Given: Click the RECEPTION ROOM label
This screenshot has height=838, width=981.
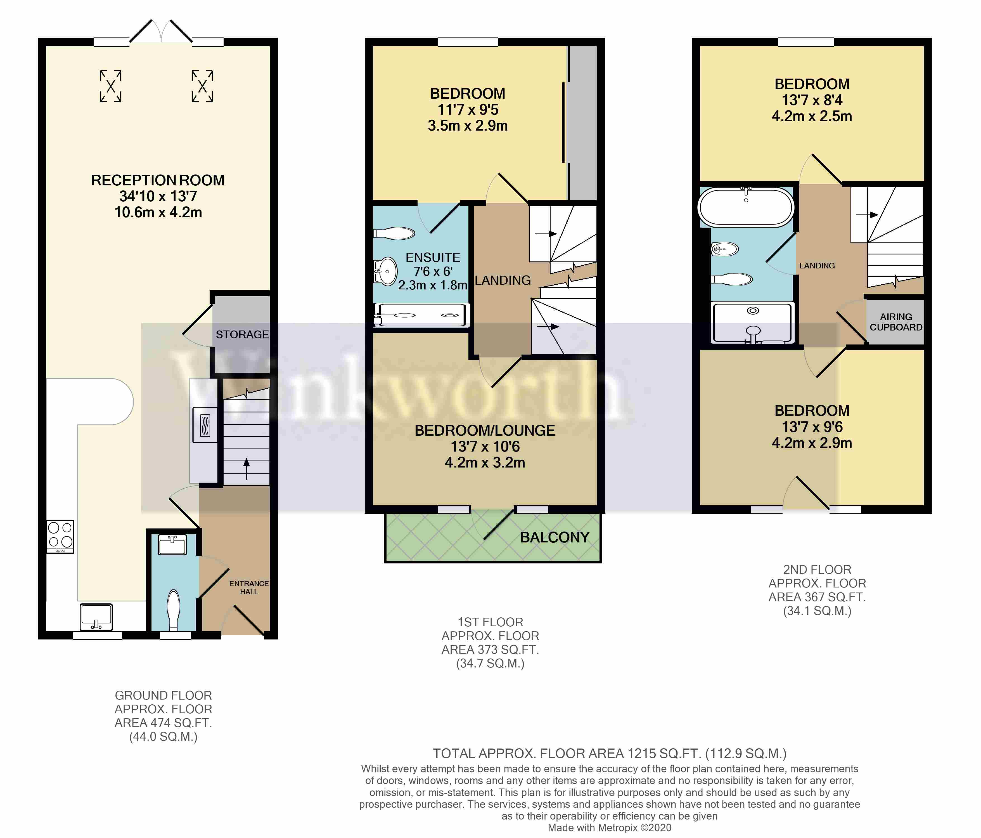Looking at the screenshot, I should (158, 180).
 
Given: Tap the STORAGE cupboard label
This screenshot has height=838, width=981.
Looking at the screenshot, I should (242, 334).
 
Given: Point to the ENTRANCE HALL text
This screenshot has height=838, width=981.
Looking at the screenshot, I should (248, 587).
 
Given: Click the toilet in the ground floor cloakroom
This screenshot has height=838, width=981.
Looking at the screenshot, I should (174, 609).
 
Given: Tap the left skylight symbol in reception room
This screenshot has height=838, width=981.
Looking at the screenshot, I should (110, 86).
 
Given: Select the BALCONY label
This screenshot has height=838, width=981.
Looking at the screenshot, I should (555, 537).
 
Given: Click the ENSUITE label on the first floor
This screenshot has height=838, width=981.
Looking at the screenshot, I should (433, 257).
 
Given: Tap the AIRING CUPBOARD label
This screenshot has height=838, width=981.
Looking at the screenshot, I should (896, 322).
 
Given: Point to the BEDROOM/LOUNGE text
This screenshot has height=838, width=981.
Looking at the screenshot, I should (485, 430).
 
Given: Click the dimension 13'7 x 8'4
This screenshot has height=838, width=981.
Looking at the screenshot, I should (812, 100).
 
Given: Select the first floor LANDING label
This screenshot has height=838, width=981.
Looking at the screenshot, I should (503, 280).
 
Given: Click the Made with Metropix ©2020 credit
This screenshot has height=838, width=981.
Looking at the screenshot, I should (609, 828).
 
